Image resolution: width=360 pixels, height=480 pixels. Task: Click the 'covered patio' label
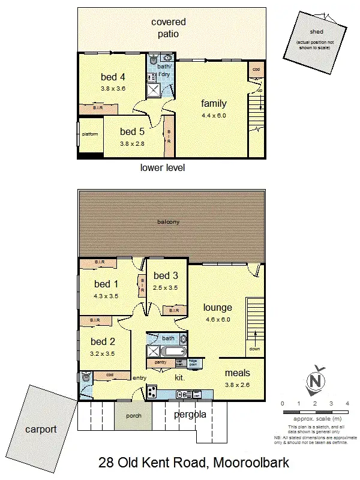pos(168,28)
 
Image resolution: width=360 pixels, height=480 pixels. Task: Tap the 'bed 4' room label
pos(113,76)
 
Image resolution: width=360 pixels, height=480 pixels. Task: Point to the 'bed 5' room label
pos(132,131)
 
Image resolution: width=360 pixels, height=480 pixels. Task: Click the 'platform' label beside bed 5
pos(89,134)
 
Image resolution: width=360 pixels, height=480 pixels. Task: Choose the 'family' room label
pos(214,103)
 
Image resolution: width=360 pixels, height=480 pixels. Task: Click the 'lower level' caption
pos(162,167)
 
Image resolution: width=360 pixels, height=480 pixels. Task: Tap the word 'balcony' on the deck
pos(169,222)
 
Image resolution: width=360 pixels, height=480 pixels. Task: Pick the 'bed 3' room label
pos(166,275)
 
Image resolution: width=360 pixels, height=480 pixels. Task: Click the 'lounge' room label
pos(217,308)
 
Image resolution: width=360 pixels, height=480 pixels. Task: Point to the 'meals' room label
pos(237,373)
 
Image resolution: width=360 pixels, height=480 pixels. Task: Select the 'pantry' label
pos(160,362)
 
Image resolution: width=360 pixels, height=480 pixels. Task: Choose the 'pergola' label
pos(190,415)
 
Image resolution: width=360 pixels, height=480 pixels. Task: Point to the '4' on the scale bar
pos(347,403)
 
